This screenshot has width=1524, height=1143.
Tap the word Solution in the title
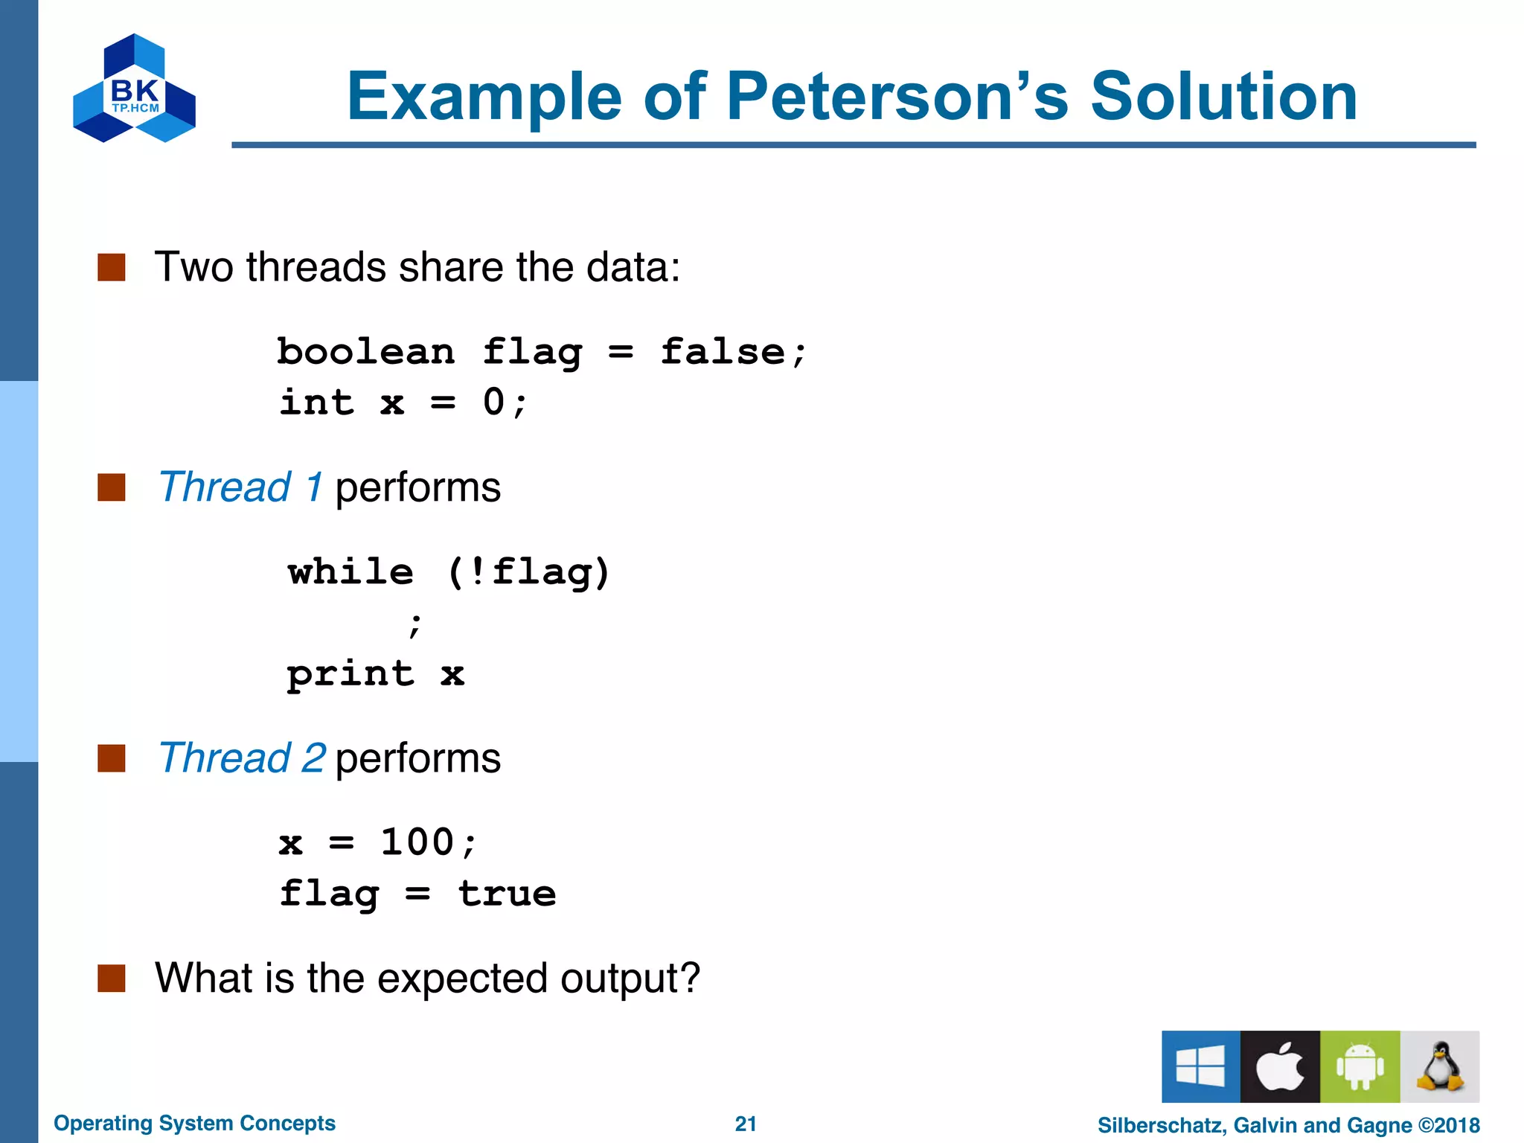tap(1223, 97)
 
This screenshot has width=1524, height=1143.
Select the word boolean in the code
tap(365, 351)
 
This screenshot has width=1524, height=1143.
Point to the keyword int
tap(317, 403)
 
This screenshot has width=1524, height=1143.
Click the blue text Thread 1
tap(240, 487)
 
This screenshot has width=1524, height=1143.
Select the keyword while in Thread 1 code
tap(350, 572)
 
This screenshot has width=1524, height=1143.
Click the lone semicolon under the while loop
tap(415, 625)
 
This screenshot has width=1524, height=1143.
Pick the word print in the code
tap(350, 674)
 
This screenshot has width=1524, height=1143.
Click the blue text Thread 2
tap(242, 758)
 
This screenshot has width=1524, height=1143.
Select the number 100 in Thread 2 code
tap(417, 842)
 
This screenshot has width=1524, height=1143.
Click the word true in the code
tap(507, 894)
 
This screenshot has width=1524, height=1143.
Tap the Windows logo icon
tap(1200, 1066)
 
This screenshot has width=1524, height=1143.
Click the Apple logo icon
tap(1280, 1066)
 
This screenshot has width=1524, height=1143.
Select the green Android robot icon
tap(1360, 1066)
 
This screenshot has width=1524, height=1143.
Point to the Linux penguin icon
tap(1439, 1066)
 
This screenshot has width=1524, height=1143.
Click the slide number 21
tap(746, 1124)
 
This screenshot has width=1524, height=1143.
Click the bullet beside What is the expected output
tap(112, 979)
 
